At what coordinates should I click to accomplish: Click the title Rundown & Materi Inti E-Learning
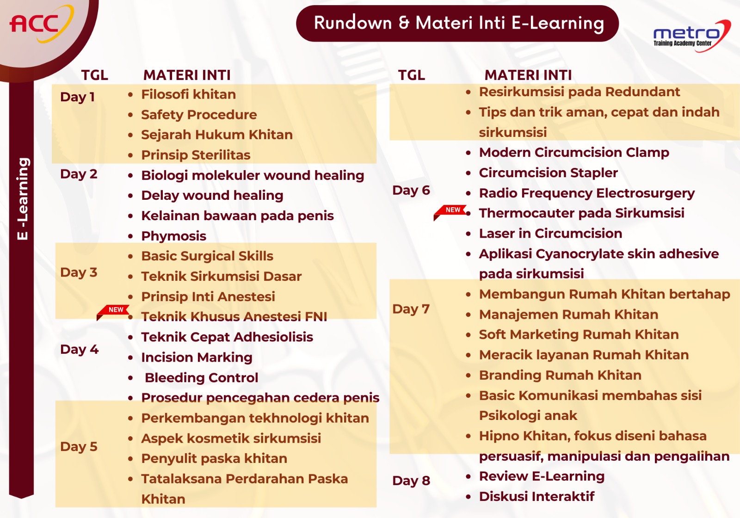click(x=459, y=23)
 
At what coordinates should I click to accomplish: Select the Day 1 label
click(x=77, y=97)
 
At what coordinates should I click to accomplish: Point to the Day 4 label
click(x=79, y=350)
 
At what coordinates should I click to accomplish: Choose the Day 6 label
click(x=411, y=191)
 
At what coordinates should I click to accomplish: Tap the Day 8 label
click(x=411, y=481)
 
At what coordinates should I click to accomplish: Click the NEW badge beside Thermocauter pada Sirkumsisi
click(x=450, y=212)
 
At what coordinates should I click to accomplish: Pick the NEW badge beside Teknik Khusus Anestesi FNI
click(x=113, y=312)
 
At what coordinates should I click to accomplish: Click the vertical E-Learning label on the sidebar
click(x=23, y=199)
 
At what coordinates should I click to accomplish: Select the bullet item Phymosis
click(x=174, y=236)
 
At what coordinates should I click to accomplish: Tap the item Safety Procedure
click(x=199, y=115)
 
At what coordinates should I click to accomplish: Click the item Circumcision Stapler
click(x=549, y=173)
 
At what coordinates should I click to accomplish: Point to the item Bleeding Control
click(x=201, y=377)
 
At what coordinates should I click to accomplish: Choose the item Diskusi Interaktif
click(x=536, y=497)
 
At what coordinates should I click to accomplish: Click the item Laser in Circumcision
click(x=550, y=234)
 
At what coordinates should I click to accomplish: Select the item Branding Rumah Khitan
click(x=560, y=375)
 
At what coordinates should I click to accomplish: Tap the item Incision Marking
click(x=197, y=358)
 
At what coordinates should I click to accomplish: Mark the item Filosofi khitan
click(x=188, y=94)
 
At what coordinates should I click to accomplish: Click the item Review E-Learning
click(x=542, y=476)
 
